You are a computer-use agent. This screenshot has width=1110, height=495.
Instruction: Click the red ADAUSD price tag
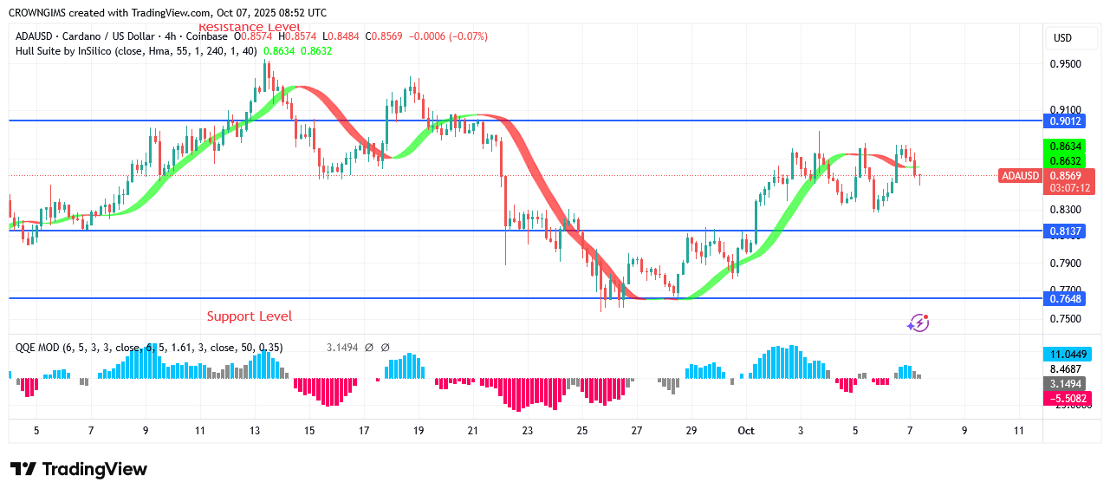click(x=1020, y=176)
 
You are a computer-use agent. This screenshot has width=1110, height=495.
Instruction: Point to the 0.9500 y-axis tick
click(x=1065, y=64)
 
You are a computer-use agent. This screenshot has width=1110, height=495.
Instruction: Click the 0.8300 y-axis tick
click(x=1065, y=210)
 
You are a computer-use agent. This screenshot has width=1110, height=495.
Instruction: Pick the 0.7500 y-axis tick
click(x=1065, y=318)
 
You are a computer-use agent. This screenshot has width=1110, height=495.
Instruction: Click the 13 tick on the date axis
click(x=255, y=430)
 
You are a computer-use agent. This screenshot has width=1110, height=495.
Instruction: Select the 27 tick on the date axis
click(x=637, y=430)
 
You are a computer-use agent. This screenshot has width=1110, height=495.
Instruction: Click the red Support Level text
click(x=250, y=316)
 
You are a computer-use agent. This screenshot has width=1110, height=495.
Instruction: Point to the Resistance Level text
click(x=250, y=28)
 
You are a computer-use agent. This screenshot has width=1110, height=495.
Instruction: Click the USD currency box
click(x=1062, y=38)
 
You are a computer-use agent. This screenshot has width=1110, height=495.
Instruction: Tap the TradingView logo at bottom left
click(x=79, y=469)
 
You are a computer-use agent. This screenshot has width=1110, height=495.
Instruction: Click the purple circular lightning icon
click(x=918, y=323)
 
